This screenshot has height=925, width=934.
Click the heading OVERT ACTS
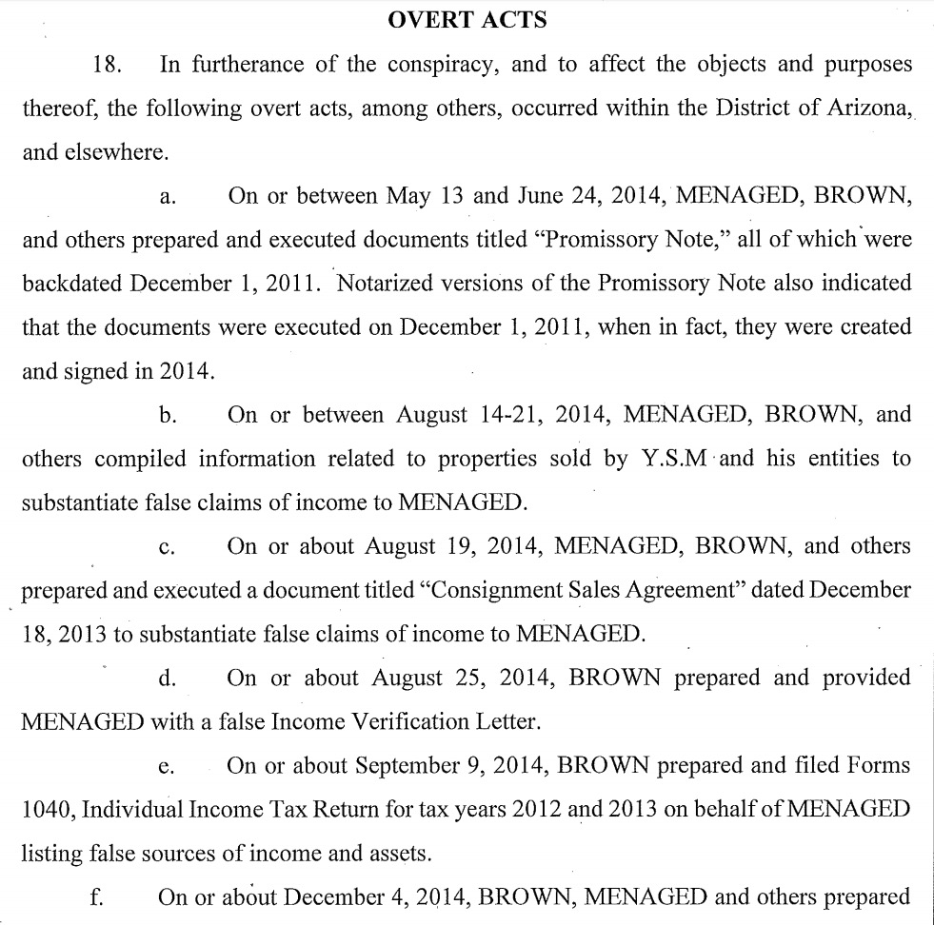pos(466,21)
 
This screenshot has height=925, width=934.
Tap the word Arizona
pos(860,108)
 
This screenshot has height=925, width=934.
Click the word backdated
pos(71,285)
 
